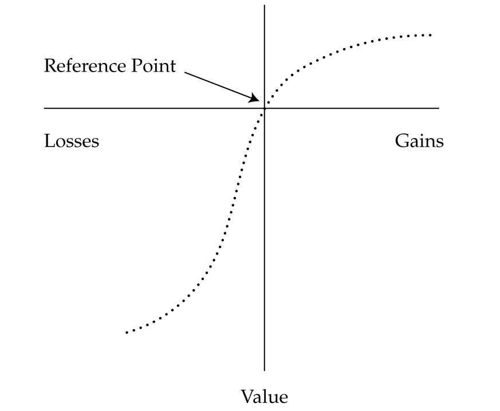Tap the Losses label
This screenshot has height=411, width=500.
pos(72,141)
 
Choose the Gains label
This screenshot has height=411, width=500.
pos(419,141)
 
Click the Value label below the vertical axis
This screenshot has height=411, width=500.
pos(264,396)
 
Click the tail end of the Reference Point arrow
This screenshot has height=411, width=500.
pos(185,73)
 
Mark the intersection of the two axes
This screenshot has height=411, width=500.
pos(264,108)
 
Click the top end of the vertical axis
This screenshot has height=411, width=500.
pos(264,5)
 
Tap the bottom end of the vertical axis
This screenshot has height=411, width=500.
pos(264,370)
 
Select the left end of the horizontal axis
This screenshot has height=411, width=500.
pos(45,108)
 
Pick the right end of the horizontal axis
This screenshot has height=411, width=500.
pos(439,108)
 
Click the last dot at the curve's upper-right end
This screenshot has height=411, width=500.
pos(430,35)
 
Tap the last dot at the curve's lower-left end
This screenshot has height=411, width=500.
pos(127,331)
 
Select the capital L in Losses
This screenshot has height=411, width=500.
pos(48,141)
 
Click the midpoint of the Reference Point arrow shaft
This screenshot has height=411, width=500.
pos(222,86)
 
